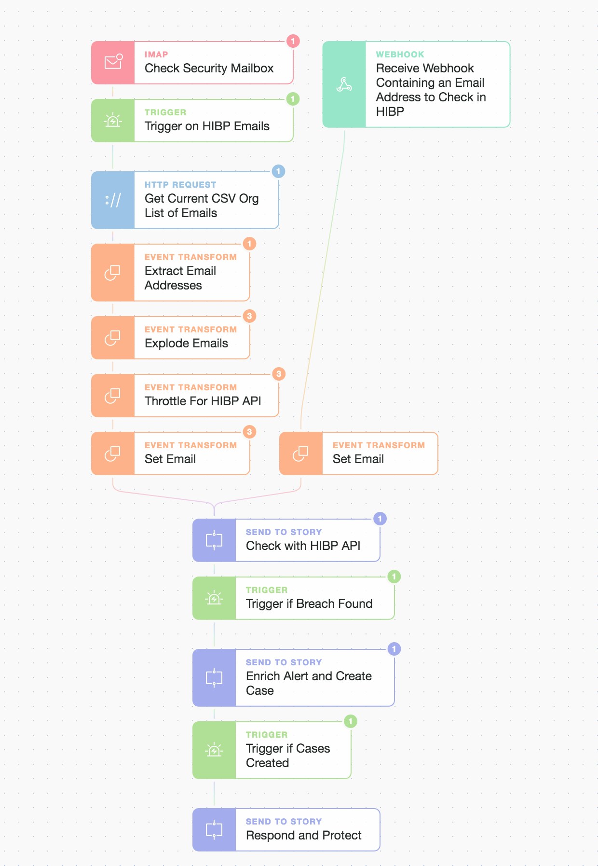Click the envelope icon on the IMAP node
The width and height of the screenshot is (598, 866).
[x=113, y=62]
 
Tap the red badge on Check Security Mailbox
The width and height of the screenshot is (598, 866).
[x=293, y=41]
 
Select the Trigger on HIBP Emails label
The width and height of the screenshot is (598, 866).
[x=207, y=126]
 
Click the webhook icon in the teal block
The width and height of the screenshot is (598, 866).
[x=344, y=84]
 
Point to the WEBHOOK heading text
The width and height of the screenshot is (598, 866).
[x=400, y=55]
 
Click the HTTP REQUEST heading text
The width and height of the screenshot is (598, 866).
[x=180, y=185]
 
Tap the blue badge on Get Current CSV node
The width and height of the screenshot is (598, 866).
[x=278, y=171]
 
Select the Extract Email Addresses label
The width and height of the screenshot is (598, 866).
[x=180, y=278]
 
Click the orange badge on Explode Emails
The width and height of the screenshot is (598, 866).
[x=249, y=316]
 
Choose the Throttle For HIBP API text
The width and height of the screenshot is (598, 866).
[x=203, y=401]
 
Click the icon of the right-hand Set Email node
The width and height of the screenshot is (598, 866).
[x=300, y=454]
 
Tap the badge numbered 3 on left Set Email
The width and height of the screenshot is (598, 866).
[x=249, y=432]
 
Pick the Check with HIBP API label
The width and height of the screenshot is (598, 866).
[x=303, y=546]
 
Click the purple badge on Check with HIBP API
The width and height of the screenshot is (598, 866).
[x=380, y=519]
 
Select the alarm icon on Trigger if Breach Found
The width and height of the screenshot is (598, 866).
[x=214, y=598]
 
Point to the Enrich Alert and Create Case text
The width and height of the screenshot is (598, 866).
[x=309, y=683]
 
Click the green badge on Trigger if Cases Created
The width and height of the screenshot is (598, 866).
[x=351, y=721]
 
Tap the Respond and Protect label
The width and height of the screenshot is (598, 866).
[x=303, y=836]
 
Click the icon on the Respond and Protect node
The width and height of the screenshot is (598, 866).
[x=214, y=830]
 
